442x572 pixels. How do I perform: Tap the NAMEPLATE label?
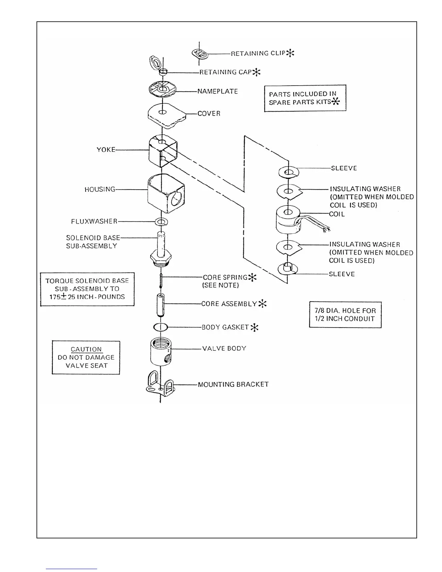click(x=217, y=91)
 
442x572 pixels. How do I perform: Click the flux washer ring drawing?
click(x=161, y=221)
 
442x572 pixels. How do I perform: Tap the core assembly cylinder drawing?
click(x=161, y=304)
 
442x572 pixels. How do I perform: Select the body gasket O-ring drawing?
click(x=160, y=328)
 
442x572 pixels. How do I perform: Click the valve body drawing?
click(x=161, y=352)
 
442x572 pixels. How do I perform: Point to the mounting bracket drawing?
click(x=159, y=386)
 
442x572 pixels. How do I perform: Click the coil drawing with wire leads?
click(x=289, y=220)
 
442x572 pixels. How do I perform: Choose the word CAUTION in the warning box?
click(x=86, y=349)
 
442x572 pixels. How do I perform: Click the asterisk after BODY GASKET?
click(x=255, y=328)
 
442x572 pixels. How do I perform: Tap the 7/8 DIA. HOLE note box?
click(x=345, y=315)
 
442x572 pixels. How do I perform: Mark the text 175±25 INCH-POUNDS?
click(x=87, y=297)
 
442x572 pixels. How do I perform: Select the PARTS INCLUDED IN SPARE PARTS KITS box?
click(x=305, y=98)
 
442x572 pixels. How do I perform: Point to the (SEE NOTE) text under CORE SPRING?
click(x=221, y=285)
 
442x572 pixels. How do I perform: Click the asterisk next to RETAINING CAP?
click(x=256, y=72)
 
